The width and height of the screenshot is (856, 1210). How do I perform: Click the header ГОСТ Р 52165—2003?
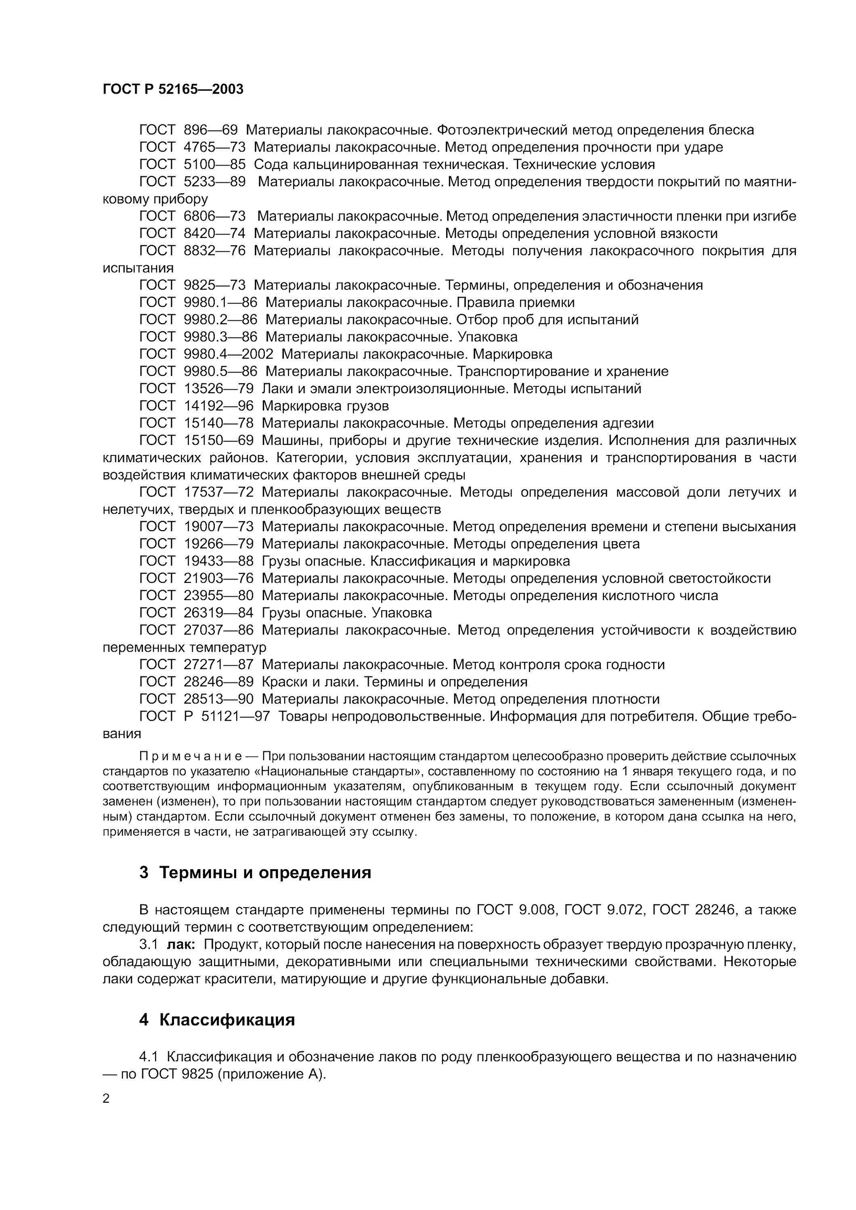173,89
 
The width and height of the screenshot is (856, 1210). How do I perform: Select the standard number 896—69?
210,129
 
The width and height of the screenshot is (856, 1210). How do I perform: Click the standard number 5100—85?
215,165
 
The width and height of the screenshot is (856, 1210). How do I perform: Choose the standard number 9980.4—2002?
229,354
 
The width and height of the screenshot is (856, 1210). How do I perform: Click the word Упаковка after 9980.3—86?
487,337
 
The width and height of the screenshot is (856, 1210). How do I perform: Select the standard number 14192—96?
218,406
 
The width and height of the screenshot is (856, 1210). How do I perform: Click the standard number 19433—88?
218,561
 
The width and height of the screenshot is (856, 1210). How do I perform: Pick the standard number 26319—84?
218,612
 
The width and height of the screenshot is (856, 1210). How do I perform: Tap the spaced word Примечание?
191,756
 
